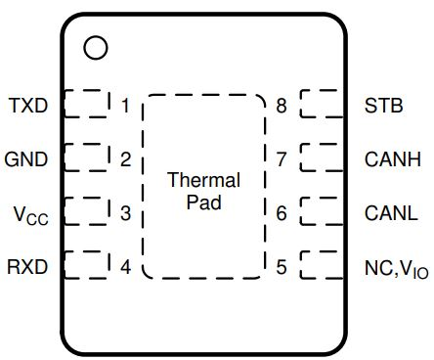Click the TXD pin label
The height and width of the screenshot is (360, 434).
pyautogui.click(x=26, y=105)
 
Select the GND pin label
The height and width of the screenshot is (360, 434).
pyautogui.click(x=26, y=158)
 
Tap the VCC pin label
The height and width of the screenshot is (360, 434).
pyautogui.click(x=28, y=213)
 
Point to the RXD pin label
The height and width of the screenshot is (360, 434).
pyautogui.click(x=26, y=266)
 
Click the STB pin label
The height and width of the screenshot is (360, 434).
pyautogui.click(x=381, y=105)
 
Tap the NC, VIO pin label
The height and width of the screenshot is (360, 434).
pyautogui.click(x=395, y=267)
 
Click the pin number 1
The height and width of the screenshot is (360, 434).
pyautogui.click(x=125, y=105)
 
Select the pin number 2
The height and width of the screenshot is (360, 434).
pyautogui.click(x=125, y=158)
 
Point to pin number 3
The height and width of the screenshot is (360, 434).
pyautogui.click(x=125, y=212)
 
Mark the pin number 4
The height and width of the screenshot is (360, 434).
pyautogui.click(x=125, y=266)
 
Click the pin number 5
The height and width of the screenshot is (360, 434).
pyautogui.click(x=282, y=266)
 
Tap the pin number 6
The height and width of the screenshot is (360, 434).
pyautogui.click(x=282, y=212)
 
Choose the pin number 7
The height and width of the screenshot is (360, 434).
pyautogui.click(x=282, y=158)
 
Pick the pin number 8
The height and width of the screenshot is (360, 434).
pyautogui.click(x=282, y=105)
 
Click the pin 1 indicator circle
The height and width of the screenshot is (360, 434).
pyautogui.click(x=95, y=47)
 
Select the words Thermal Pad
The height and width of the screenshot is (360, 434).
pyautogui.click(x=203, y=192)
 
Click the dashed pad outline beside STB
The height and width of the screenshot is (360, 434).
pyautogui.click(x=319, y=104)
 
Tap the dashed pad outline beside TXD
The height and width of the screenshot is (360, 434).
pyautogui.click(x=86, y=104)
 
